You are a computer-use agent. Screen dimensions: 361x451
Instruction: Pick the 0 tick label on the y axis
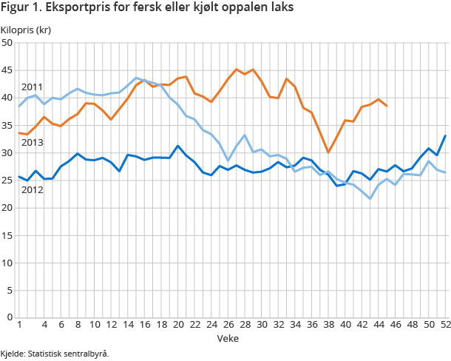point(10,317)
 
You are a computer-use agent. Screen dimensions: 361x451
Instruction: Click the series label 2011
point(32,87)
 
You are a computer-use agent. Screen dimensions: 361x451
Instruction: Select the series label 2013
point(32,143)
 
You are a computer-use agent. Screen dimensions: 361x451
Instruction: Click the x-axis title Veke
point(228,338)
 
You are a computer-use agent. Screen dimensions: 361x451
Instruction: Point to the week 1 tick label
point(18,325)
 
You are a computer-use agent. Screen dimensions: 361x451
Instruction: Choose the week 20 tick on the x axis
point(177,325)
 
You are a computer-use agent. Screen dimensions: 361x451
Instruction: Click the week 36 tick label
point(312,325)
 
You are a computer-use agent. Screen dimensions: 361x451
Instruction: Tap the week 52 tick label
point(446,325)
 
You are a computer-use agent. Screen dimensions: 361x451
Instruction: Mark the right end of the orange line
point(387,106)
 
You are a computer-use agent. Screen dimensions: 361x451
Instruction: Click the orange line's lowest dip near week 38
point(328,152)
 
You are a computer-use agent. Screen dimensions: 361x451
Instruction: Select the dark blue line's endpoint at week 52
point(446,135)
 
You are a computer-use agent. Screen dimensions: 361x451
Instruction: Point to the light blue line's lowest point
point(370,198)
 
